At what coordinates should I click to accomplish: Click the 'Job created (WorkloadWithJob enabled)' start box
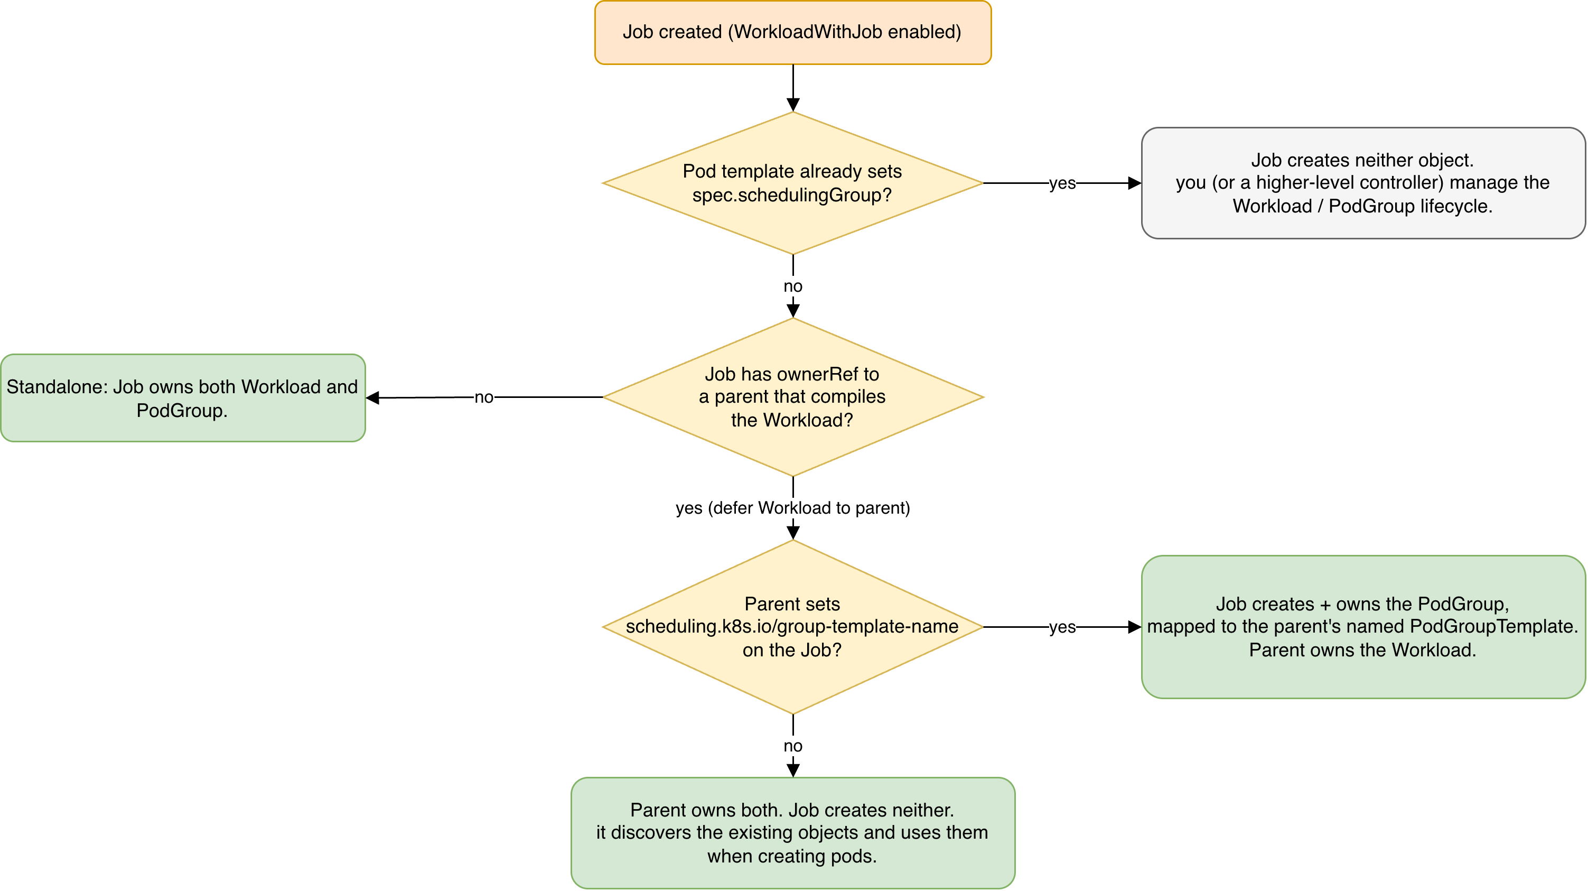(793, 32)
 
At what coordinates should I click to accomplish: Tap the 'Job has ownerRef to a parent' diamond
(793, 397)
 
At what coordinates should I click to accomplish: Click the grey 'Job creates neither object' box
(1363, 183)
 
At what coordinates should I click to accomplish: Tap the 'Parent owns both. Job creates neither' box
(793, 832)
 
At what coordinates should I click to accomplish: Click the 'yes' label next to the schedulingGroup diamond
(1062, 183)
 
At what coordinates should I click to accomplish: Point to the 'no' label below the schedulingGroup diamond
(793, 286)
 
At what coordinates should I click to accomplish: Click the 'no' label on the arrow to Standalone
(484, 397)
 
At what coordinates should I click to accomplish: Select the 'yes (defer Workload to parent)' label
(793, 507)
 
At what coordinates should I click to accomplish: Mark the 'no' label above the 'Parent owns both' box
(793, 746)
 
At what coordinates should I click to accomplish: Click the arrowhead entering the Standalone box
(372, 398)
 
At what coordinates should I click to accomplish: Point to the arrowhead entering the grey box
(1134, 183)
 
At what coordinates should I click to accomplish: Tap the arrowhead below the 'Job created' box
(793, 105)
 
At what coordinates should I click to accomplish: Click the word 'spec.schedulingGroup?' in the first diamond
(792, 195)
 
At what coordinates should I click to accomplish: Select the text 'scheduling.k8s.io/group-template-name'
(792, 626)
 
